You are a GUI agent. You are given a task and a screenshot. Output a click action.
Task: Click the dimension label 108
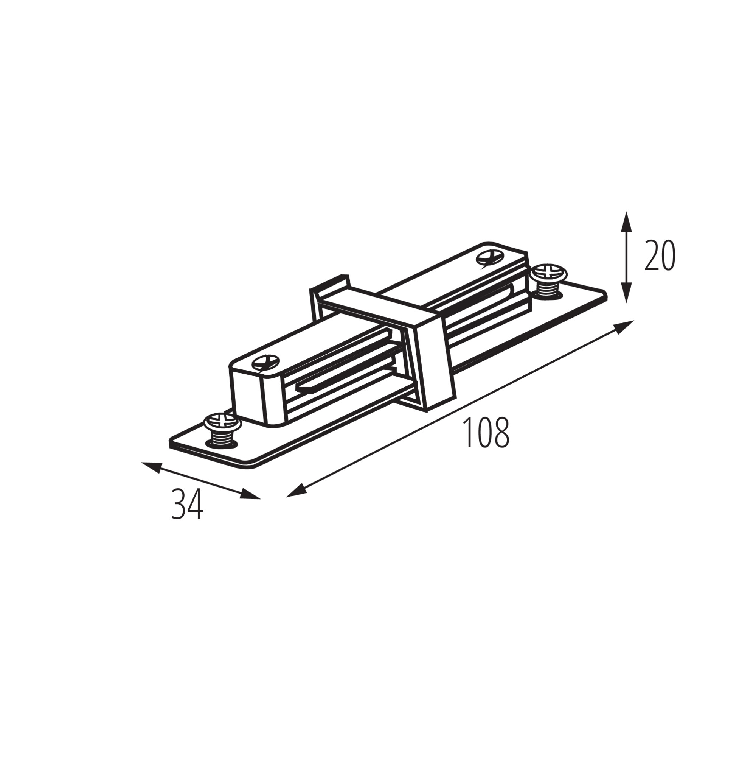tap(486, 433)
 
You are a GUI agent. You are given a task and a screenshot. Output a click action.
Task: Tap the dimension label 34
tap(188, 504)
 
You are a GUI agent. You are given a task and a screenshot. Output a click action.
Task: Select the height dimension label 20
tap(660, 256)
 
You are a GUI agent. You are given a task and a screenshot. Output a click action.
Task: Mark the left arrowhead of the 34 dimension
tap(152, 467)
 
